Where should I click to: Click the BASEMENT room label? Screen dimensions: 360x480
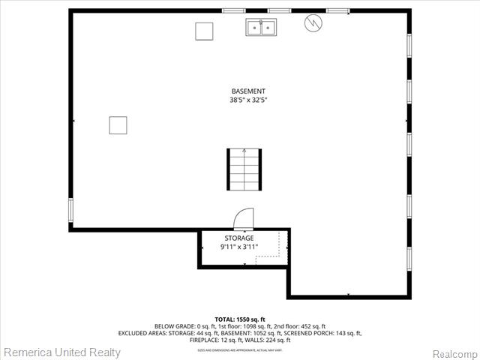click(248, 91)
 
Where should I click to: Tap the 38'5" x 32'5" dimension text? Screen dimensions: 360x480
click(248, 100)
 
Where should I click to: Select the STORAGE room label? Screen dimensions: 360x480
click(239, 238)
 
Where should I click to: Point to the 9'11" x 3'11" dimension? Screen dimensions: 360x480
click(239, 246)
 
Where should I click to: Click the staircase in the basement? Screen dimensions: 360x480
click(244, 170)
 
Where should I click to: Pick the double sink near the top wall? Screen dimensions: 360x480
click(260, 28)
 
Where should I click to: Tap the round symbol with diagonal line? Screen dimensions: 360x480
click(312, 24)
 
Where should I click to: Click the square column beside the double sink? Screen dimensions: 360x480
click(204, 31)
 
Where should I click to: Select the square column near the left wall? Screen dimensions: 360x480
click(118, 125)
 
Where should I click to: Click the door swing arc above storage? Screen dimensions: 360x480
click(244, 219)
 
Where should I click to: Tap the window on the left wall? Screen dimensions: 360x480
click(70, 209)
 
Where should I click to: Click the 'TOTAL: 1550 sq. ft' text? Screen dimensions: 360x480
click(240, 319)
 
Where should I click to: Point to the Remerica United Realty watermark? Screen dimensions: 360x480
click(61, 352)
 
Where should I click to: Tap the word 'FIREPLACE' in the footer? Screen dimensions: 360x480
click(196, 340)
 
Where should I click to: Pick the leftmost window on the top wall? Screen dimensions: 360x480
click(234, 10)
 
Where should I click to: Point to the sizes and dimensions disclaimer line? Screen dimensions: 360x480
click(240, 349)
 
